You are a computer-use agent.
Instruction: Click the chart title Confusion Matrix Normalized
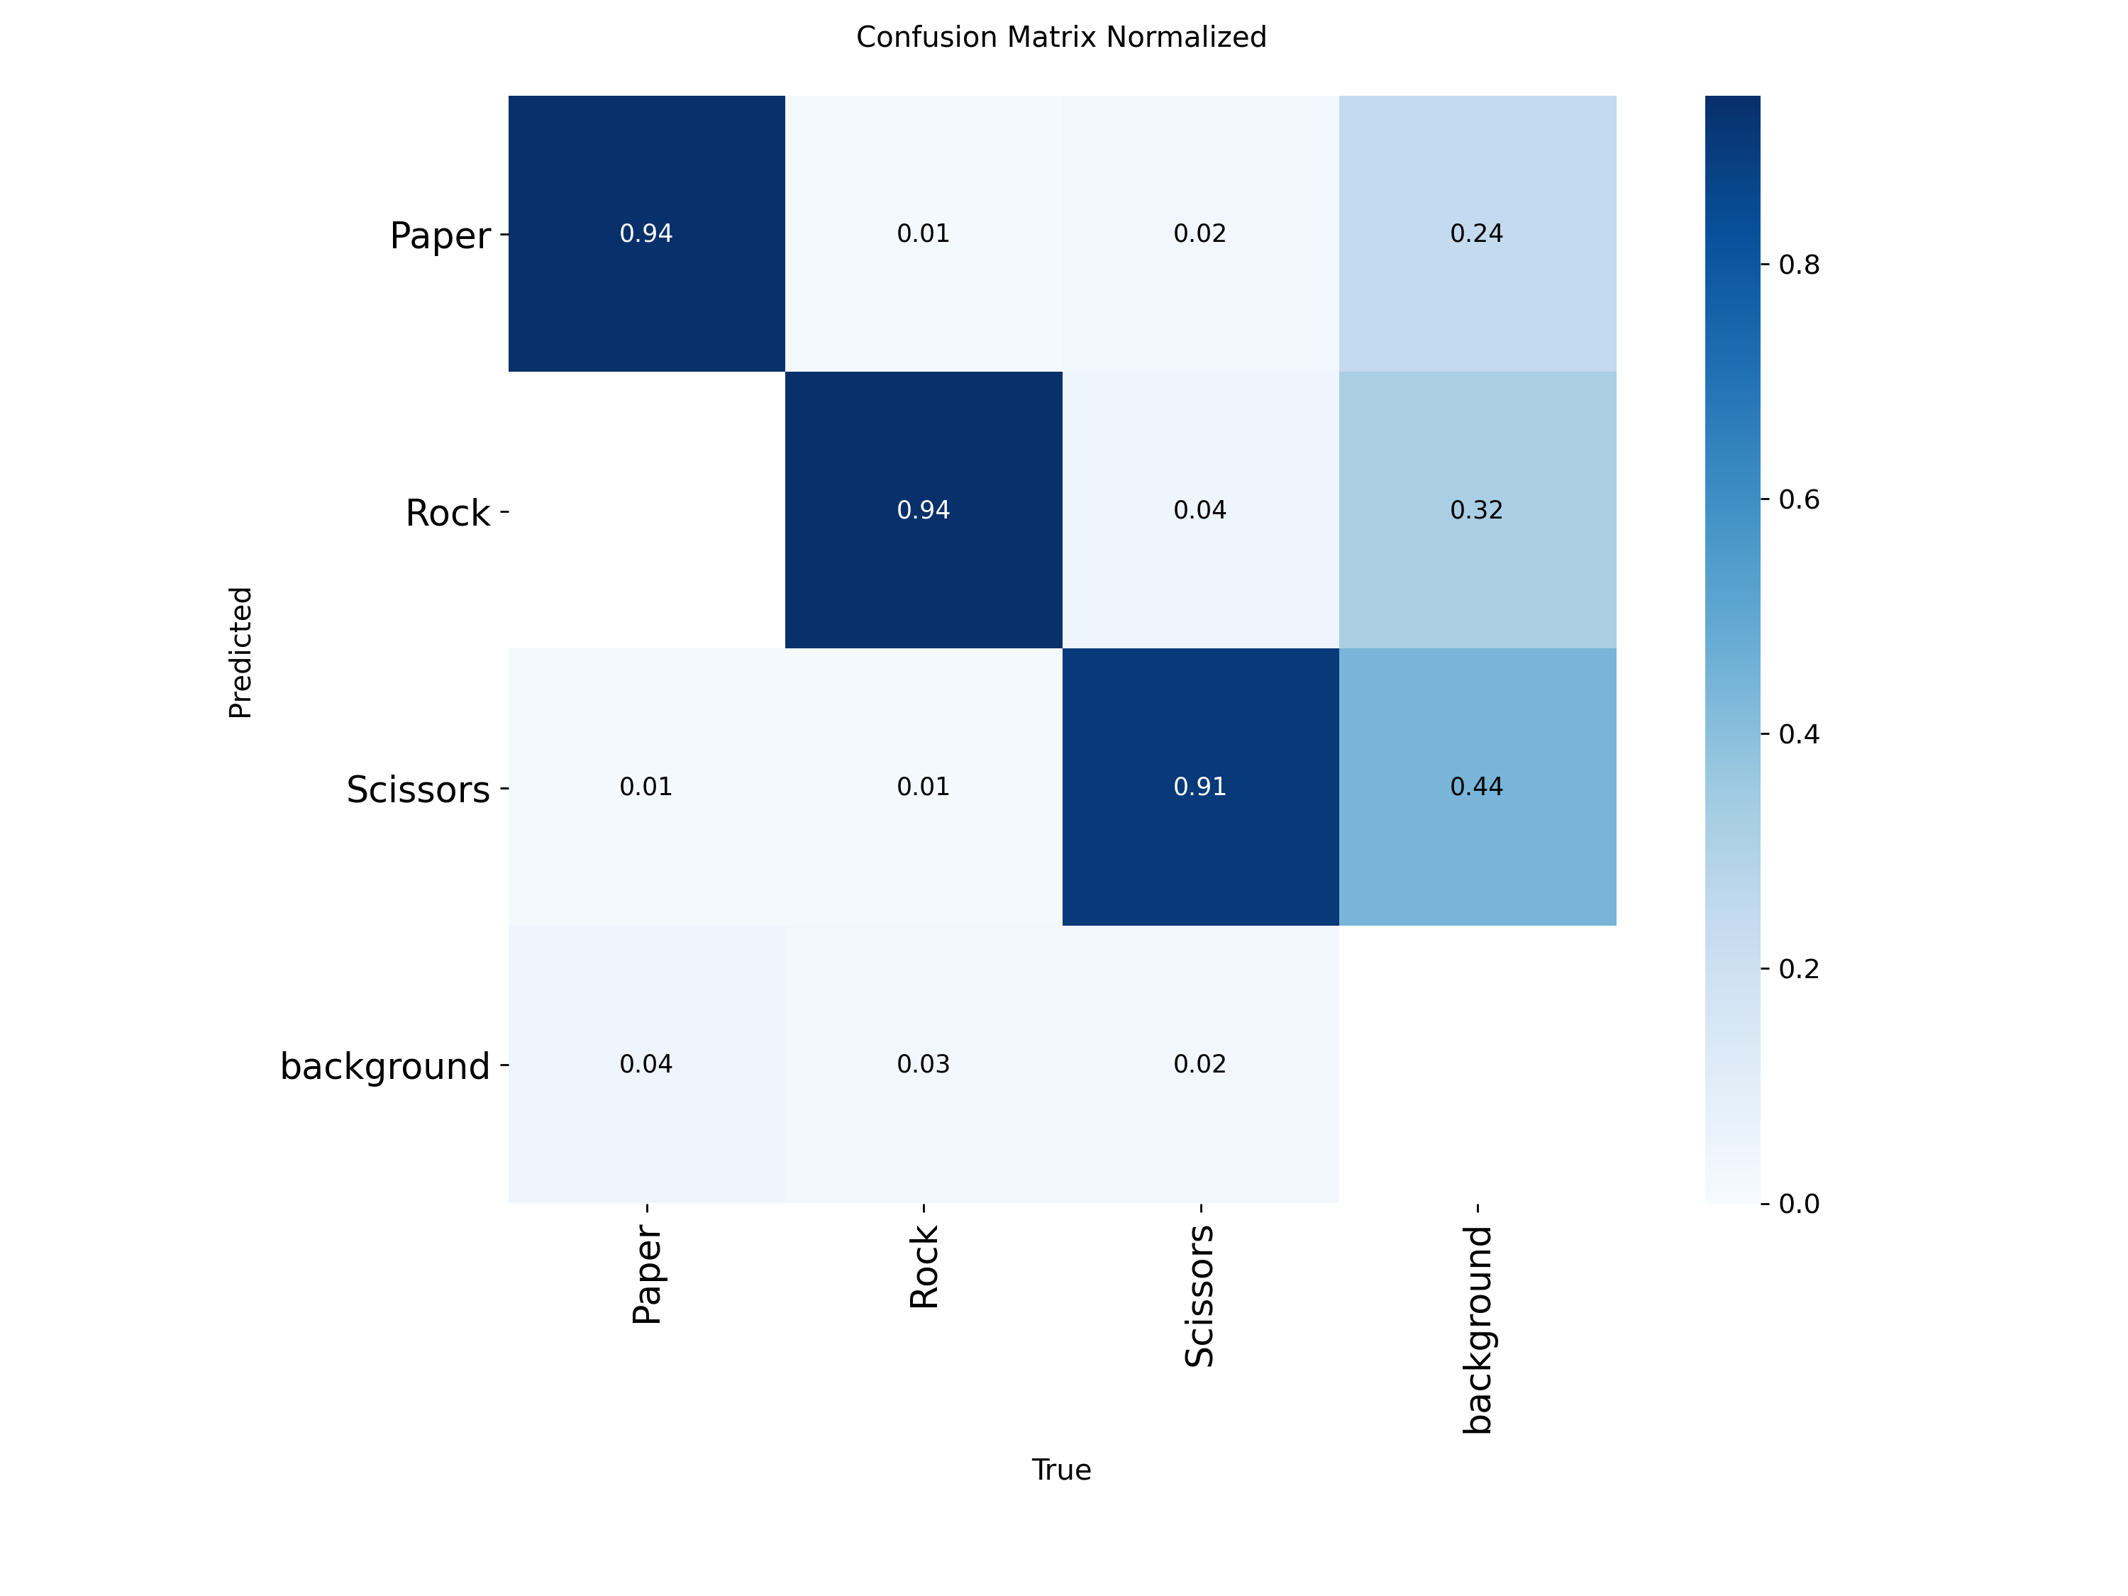coord(1061,38)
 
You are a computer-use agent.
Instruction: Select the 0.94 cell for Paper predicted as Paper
coord(645,234)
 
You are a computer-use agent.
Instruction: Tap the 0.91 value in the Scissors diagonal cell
coord(1199,787)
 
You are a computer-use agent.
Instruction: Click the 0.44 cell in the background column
coord(1477,787)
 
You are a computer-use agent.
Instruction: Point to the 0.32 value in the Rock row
coord(1477,510)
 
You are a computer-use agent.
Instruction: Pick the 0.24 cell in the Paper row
coord(1477,234)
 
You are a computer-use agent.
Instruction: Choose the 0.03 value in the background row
coord(923,1064)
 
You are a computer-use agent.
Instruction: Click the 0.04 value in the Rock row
coord(1199,510)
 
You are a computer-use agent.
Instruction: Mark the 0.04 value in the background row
coord(645,1064)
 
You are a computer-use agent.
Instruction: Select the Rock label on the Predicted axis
coord(448,513)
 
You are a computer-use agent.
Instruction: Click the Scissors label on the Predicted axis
coord(418,789)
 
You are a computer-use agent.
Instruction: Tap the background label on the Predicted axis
coord(384,1067)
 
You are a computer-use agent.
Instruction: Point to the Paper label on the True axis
coord(646,1275)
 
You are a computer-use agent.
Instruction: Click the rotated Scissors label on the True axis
coord(1199,1296)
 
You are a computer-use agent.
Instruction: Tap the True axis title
coord(1061,1470)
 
